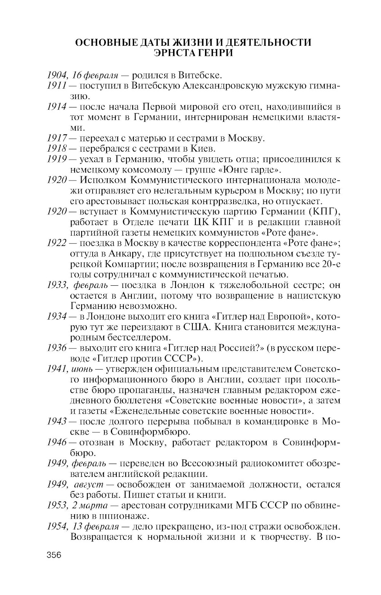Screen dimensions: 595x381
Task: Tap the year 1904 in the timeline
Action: [56, 75]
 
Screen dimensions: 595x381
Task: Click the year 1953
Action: [56, 505]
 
